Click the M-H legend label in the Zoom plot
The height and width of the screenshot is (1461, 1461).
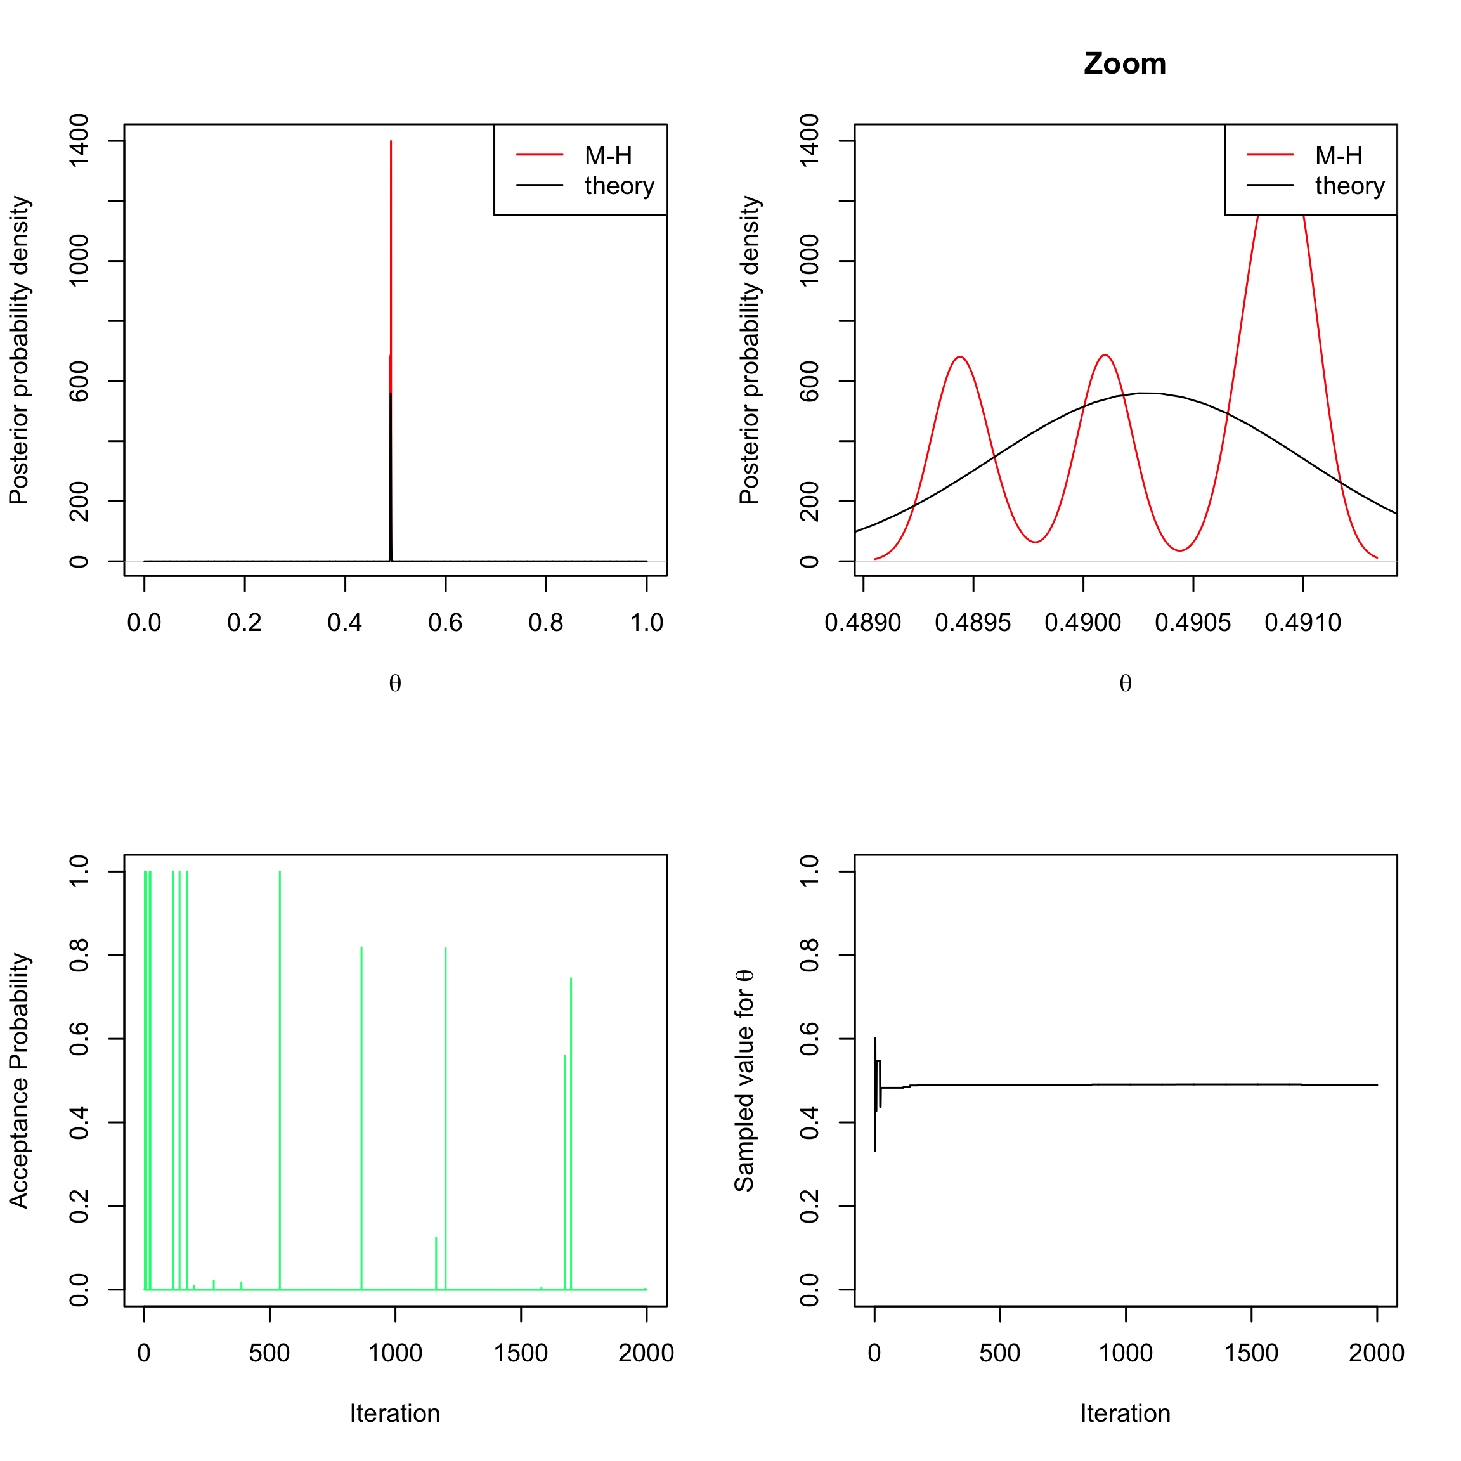click(x=1339, y=156)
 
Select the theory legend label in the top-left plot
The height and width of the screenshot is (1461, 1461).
click(x=619, y=186)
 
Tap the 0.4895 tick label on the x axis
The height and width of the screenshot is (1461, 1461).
click(x=973, y=623)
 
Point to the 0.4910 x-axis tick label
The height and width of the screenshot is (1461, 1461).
click(x=1302, y=623)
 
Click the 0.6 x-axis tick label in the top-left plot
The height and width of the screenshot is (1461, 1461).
click(x=445, y=623)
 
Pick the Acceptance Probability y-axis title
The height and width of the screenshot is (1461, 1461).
click(x=19, y=1081)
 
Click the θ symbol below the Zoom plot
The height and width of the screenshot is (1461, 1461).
click(x=1126, y=684)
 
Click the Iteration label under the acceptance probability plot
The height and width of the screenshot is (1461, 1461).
click(x=395, y=1413)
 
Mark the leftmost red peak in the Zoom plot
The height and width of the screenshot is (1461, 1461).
click(x=959, y=356)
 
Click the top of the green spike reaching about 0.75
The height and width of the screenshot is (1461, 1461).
click(x=571, y=979)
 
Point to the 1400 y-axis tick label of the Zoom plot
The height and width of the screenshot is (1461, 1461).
click(x=809, y=141)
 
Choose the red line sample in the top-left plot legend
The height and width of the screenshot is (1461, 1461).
click(x=539, y=155)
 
